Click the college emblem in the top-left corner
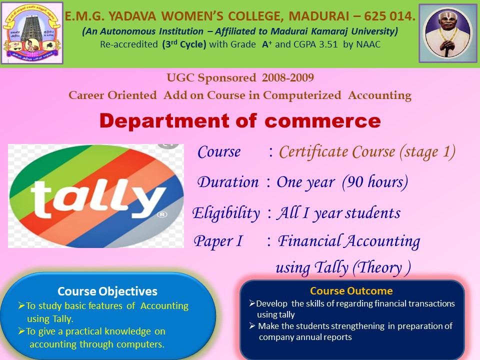coord(32,33)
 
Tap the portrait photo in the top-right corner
coord(448,33)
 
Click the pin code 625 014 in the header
coord(389,16)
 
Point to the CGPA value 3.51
coord(328,44)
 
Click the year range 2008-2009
coord(288,78)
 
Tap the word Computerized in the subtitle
coord(302,95)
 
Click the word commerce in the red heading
coord(322,121)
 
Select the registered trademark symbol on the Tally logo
coord(162,214)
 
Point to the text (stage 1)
coord(427,152)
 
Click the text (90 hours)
coord(375,182)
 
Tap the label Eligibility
coord(226,213)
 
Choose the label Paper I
coord(218,241)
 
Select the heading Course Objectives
coord(107,291)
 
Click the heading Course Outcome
coord(351,291)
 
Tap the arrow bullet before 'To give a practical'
coord(21,331)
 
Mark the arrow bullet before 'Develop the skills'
coord(252,303)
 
